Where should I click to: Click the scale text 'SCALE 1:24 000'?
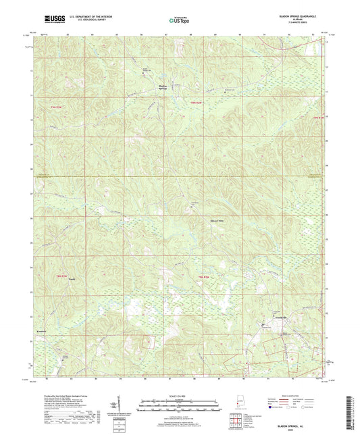coord(179,396)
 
